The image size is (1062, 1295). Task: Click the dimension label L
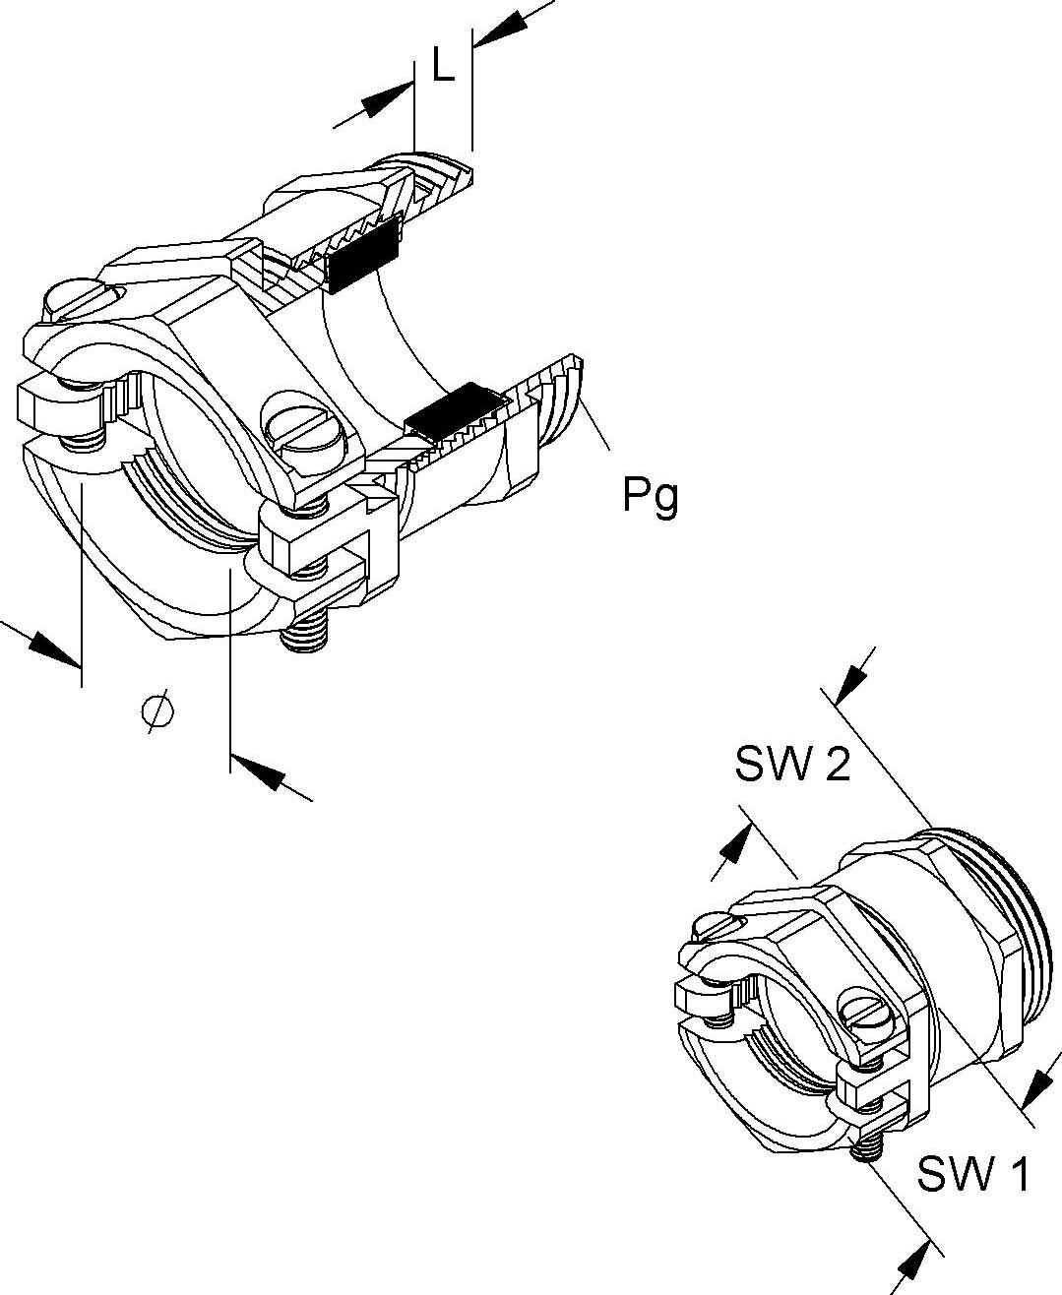(x=444, y=67)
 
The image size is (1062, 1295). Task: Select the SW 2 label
(x=792, y=764)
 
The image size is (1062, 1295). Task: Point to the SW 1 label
(x=973, y=1173)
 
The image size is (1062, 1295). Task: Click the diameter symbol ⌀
(x=157, y=709)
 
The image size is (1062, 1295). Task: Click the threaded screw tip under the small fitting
(x=866, y=1147)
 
